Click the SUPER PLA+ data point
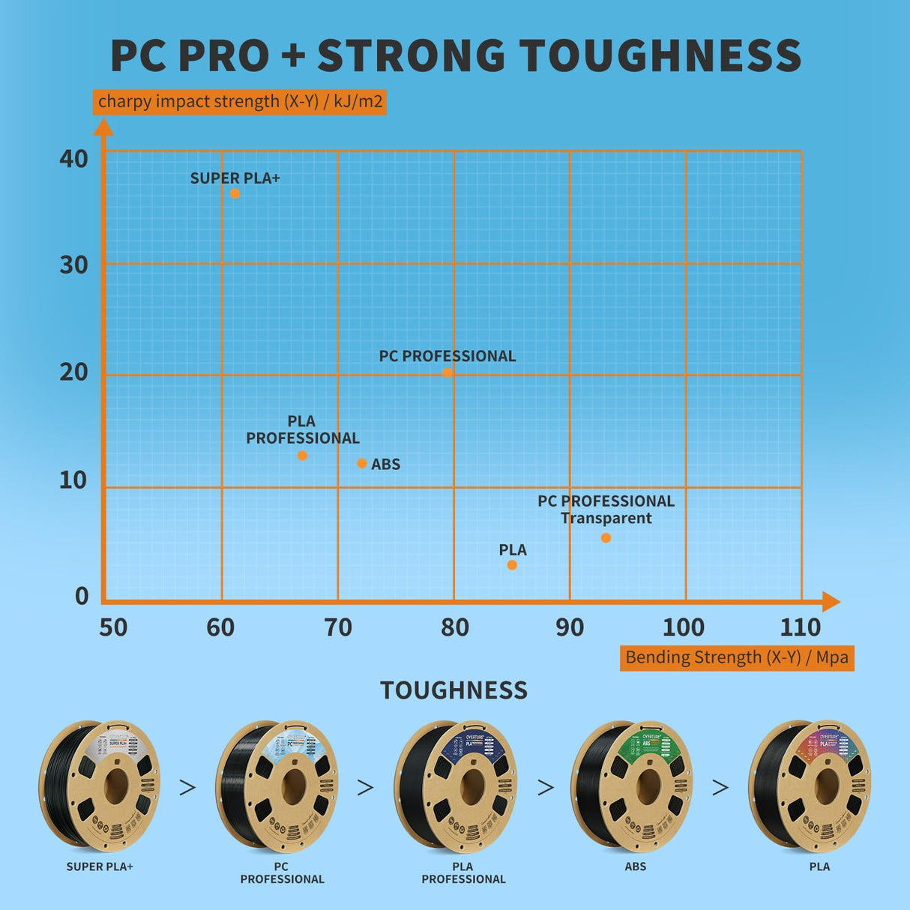pyautogui.click(x=235, y=193)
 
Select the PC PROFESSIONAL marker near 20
pyautogui.click(x=447, y=373)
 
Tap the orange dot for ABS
pyautogui.click(x=362, y=463)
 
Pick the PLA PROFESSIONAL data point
pyautogui.click(x=302, y=456)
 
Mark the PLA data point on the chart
pyautogui.click(x=512, y=565)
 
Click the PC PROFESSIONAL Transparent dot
pyautogui.click(x=606, y=538)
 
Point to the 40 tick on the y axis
pyautogui.click(x=73, y=159)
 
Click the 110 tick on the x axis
pyautogui.click(x=800, y=627)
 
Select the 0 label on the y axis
pyautogui.click(x=82, y=597)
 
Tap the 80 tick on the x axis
pyautogui.click(x=454, y=627)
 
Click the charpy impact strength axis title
pyautogui.click(x=240, y=101)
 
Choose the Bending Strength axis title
pyautogui.click(x=736, y=657)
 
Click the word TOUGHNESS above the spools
pyautogui.click(x=454, y=690)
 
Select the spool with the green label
pyautogui.click(x=633, y=786)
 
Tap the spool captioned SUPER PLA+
pyautogui.click(x=100, y=786)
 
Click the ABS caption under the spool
pyautogui.click(x=635, y=867)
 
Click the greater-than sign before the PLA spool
pyautogui.click(x=720, y=787)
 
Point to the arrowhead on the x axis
pyautogui.click(x=831, y=601)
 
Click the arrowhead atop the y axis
pyautogui.click(x=103, y=127)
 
